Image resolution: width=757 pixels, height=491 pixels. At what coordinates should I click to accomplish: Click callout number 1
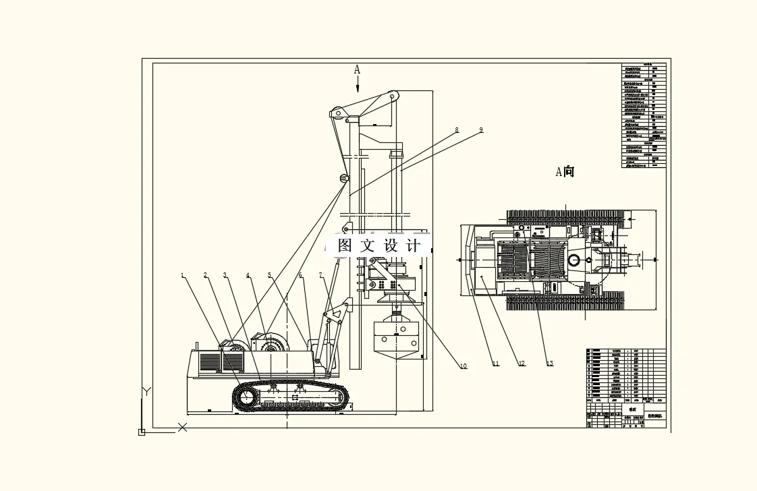182,275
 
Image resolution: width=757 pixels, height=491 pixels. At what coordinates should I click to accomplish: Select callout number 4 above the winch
248,275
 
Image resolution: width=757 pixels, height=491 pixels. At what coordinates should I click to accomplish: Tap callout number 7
322,275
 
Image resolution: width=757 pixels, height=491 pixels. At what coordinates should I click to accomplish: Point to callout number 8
457,129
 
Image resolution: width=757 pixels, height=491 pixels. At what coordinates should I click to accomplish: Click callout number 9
481,129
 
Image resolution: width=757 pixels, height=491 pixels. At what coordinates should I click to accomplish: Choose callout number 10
463,366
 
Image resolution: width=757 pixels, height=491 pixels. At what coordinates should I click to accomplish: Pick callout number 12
522,364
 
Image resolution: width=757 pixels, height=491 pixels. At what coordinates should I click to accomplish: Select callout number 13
550,364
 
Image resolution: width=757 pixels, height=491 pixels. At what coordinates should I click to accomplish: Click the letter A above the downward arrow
358,69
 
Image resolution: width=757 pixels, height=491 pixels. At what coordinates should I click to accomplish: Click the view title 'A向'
565,172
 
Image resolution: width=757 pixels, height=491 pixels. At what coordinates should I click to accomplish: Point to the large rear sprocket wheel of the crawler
246,398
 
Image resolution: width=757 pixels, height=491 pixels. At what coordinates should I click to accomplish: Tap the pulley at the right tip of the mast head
391,98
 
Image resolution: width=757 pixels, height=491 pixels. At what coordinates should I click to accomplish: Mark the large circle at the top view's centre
574,260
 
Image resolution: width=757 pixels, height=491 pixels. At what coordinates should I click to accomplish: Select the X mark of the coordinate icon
182,427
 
